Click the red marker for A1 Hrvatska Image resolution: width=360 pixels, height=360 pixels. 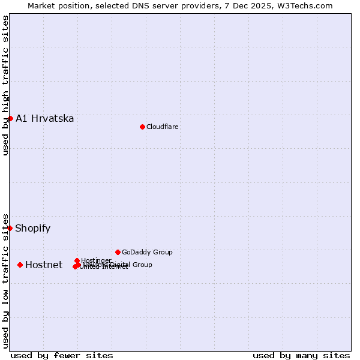click(x=10, y=118)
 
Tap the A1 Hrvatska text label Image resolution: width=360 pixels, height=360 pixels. click(x=45, y=118)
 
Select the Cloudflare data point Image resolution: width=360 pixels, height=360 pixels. click(x=142, y=127)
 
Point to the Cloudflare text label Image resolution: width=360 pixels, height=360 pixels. click(x=163, y=127)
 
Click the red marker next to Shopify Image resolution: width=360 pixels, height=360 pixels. click(x=10, y=228)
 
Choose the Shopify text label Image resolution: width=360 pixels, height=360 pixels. click(x=33, y=228)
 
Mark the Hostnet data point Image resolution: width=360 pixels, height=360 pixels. click(x=20, y=265)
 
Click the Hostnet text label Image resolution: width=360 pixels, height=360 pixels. click(x=44, y=265)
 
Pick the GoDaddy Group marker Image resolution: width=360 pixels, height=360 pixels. click(x=118, y=252)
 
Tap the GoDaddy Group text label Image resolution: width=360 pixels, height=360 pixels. click(x=147, y=252)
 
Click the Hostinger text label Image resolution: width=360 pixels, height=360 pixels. click(x=96, y=260)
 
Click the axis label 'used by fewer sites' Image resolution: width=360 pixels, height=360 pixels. click(x=62, y=355)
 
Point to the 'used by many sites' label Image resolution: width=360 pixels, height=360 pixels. click(x=301, y=355)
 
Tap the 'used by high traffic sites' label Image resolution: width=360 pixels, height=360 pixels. click(x=6, y=85)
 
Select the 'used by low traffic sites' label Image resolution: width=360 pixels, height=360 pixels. click(x=6, y=280)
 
